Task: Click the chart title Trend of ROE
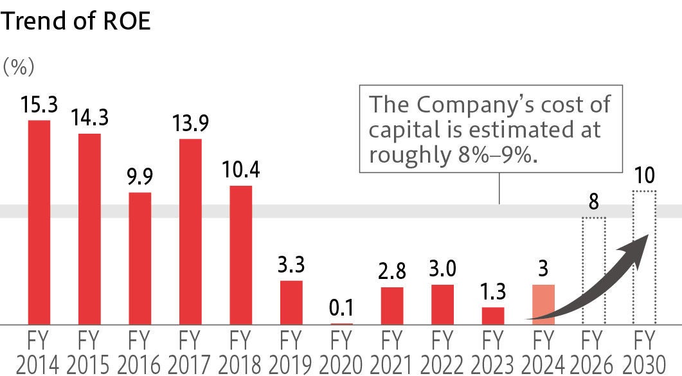76,21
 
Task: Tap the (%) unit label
19,66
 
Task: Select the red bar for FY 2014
39,222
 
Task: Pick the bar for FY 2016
140,258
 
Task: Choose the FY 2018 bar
240,255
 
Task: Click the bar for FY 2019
291,302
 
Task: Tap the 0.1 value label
341,308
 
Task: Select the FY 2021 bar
392,305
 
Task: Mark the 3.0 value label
442,269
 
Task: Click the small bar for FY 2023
493,316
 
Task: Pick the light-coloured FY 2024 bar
543,304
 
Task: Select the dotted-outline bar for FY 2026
594,271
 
